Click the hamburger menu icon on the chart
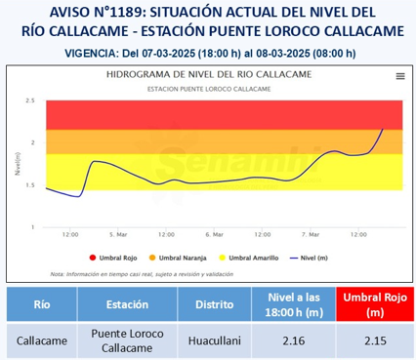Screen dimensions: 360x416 400,75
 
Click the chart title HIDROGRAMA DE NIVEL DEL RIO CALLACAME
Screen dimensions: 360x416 209,75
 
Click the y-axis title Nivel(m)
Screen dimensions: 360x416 18,163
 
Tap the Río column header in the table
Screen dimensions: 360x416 44,304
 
